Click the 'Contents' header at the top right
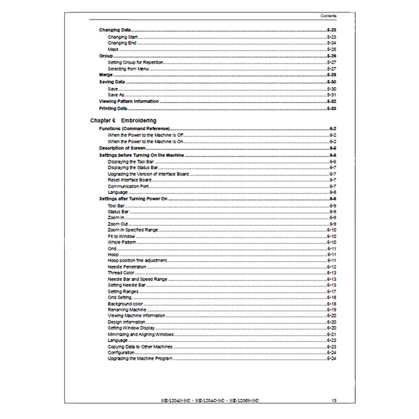tap(328, 16)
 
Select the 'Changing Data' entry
tap(114, 30)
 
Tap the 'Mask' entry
tap(113, 49)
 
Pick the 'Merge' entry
tap(106, 75)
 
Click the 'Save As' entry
tap(116, 95)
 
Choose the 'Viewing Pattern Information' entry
tap(129, 101)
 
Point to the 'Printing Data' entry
tap(113, 109)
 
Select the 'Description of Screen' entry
tap(122, 148)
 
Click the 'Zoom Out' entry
tap(118, 224)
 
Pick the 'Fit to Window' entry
tap(122, 236)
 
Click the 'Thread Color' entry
tap(121, 273)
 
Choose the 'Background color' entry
tap(125, 304)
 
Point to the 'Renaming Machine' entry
tap(127, 310)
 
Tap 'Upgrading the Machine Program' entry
tap(140, 359)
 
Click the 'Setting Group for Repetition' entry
tap(135, 62)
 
